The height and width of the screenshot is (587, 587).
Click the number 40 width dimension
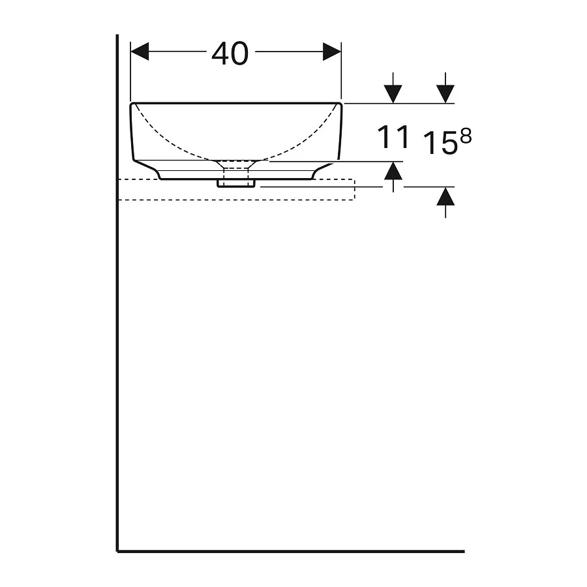(x=230, y=53)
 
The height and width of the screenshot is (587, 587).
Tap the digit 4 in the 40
(x=221, y=53)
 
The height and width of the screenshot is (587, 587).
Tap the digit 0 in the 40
(x=239, y=53)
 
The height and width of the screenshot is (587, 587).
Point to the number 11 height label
(x=393, y=138)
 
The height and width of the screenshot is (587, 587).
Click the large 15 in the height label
(x=440, y=143)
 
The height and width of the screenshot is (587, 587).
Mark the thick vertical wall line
(x=117, y=326)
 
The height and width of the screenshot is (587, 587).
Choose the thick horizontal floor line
(x=293, y=551)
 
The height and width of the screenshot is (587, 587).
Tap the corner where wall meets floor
(x=118, y=551)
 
